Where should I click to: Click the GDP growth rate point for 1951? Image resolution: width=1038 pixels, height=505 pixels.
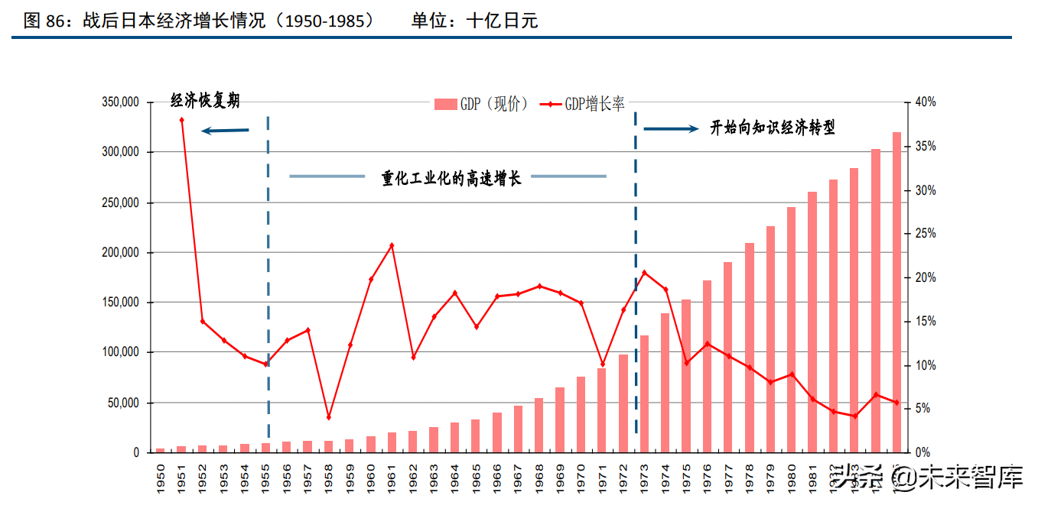point(182,120)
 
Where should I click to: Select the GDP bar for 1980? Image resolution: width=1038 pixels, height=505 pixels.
point(792,329)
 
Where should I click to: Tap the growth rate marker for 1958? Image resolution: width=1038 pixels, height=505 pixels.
point(329,417)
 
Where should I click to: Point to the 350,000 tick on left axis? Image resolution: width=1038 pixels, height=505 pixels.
point(120,102)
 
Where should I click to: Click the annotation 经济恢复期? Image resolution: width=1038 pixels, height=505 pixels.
point(205,100)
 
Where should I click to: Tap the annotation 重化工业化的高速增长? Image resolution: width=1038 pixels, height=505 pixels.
point(451,178)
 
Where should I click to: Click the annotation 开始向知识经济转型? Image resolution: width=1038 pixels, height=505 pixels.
point(773,128)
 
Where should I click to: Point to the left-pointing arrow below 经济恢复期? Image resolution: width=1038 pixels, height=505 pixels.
point(225,131)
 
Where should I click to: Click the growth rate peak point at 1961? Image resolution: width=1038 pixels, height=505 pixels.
point(392,245)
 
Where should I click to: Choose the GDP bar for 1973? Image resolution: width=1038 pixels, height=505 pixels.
point(644,393)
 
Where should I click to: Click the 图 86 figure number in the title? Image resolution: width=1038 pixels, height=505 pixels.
point(42,21)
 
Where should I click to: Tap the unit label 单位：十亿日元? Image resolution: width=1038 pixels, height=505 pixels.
point(474,21)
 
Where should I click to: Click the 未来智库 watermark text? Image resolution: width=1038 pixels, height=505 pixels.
point(971,478)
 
